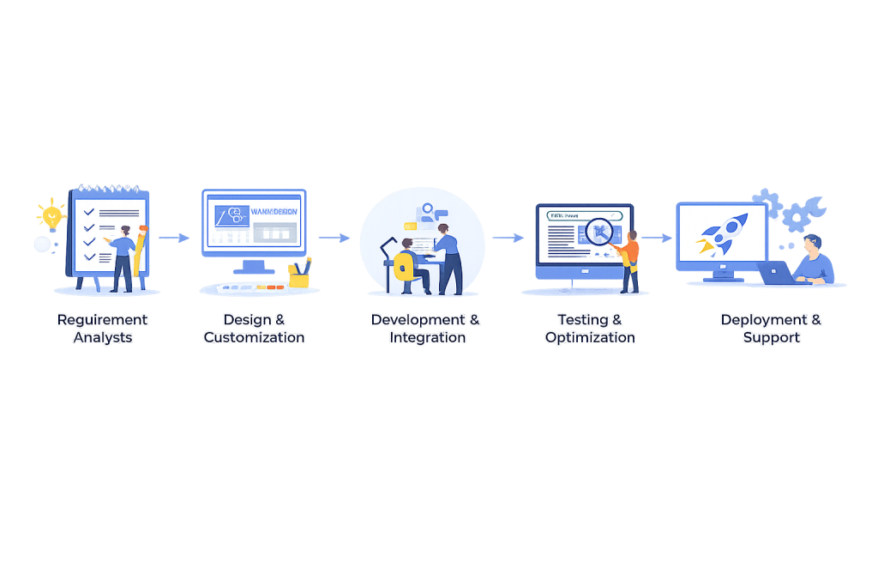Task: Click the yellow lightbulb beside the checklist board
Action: [x=51, y=211]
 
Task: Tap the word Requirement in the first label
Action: [x=102, y=320]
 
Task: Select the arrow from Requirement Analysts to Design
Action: [x=173, y=238]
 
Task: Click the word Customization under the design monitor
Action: [x=254, y=338]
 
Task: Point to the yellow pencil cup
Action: [x=299, y=274]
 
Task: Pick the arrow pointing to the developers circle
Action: [x=334, y=238]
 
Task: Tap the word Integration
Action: [x=427, y=338]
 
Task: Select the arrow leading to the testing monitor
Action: [x=508, y=238]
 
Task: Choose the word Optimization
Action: [x=590, y=338]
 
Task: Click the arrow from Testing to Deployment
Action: [x=657, y=238]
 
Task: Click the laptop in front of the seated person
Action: [x=776, y=273]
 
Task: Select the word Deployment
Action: [x=762, y=320]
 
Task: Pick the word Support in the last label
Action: [x=772, y=338]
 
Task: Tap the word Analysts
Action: [x=103, y=338]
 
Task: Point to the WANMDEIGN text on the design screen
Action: [x=273, y=212]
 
